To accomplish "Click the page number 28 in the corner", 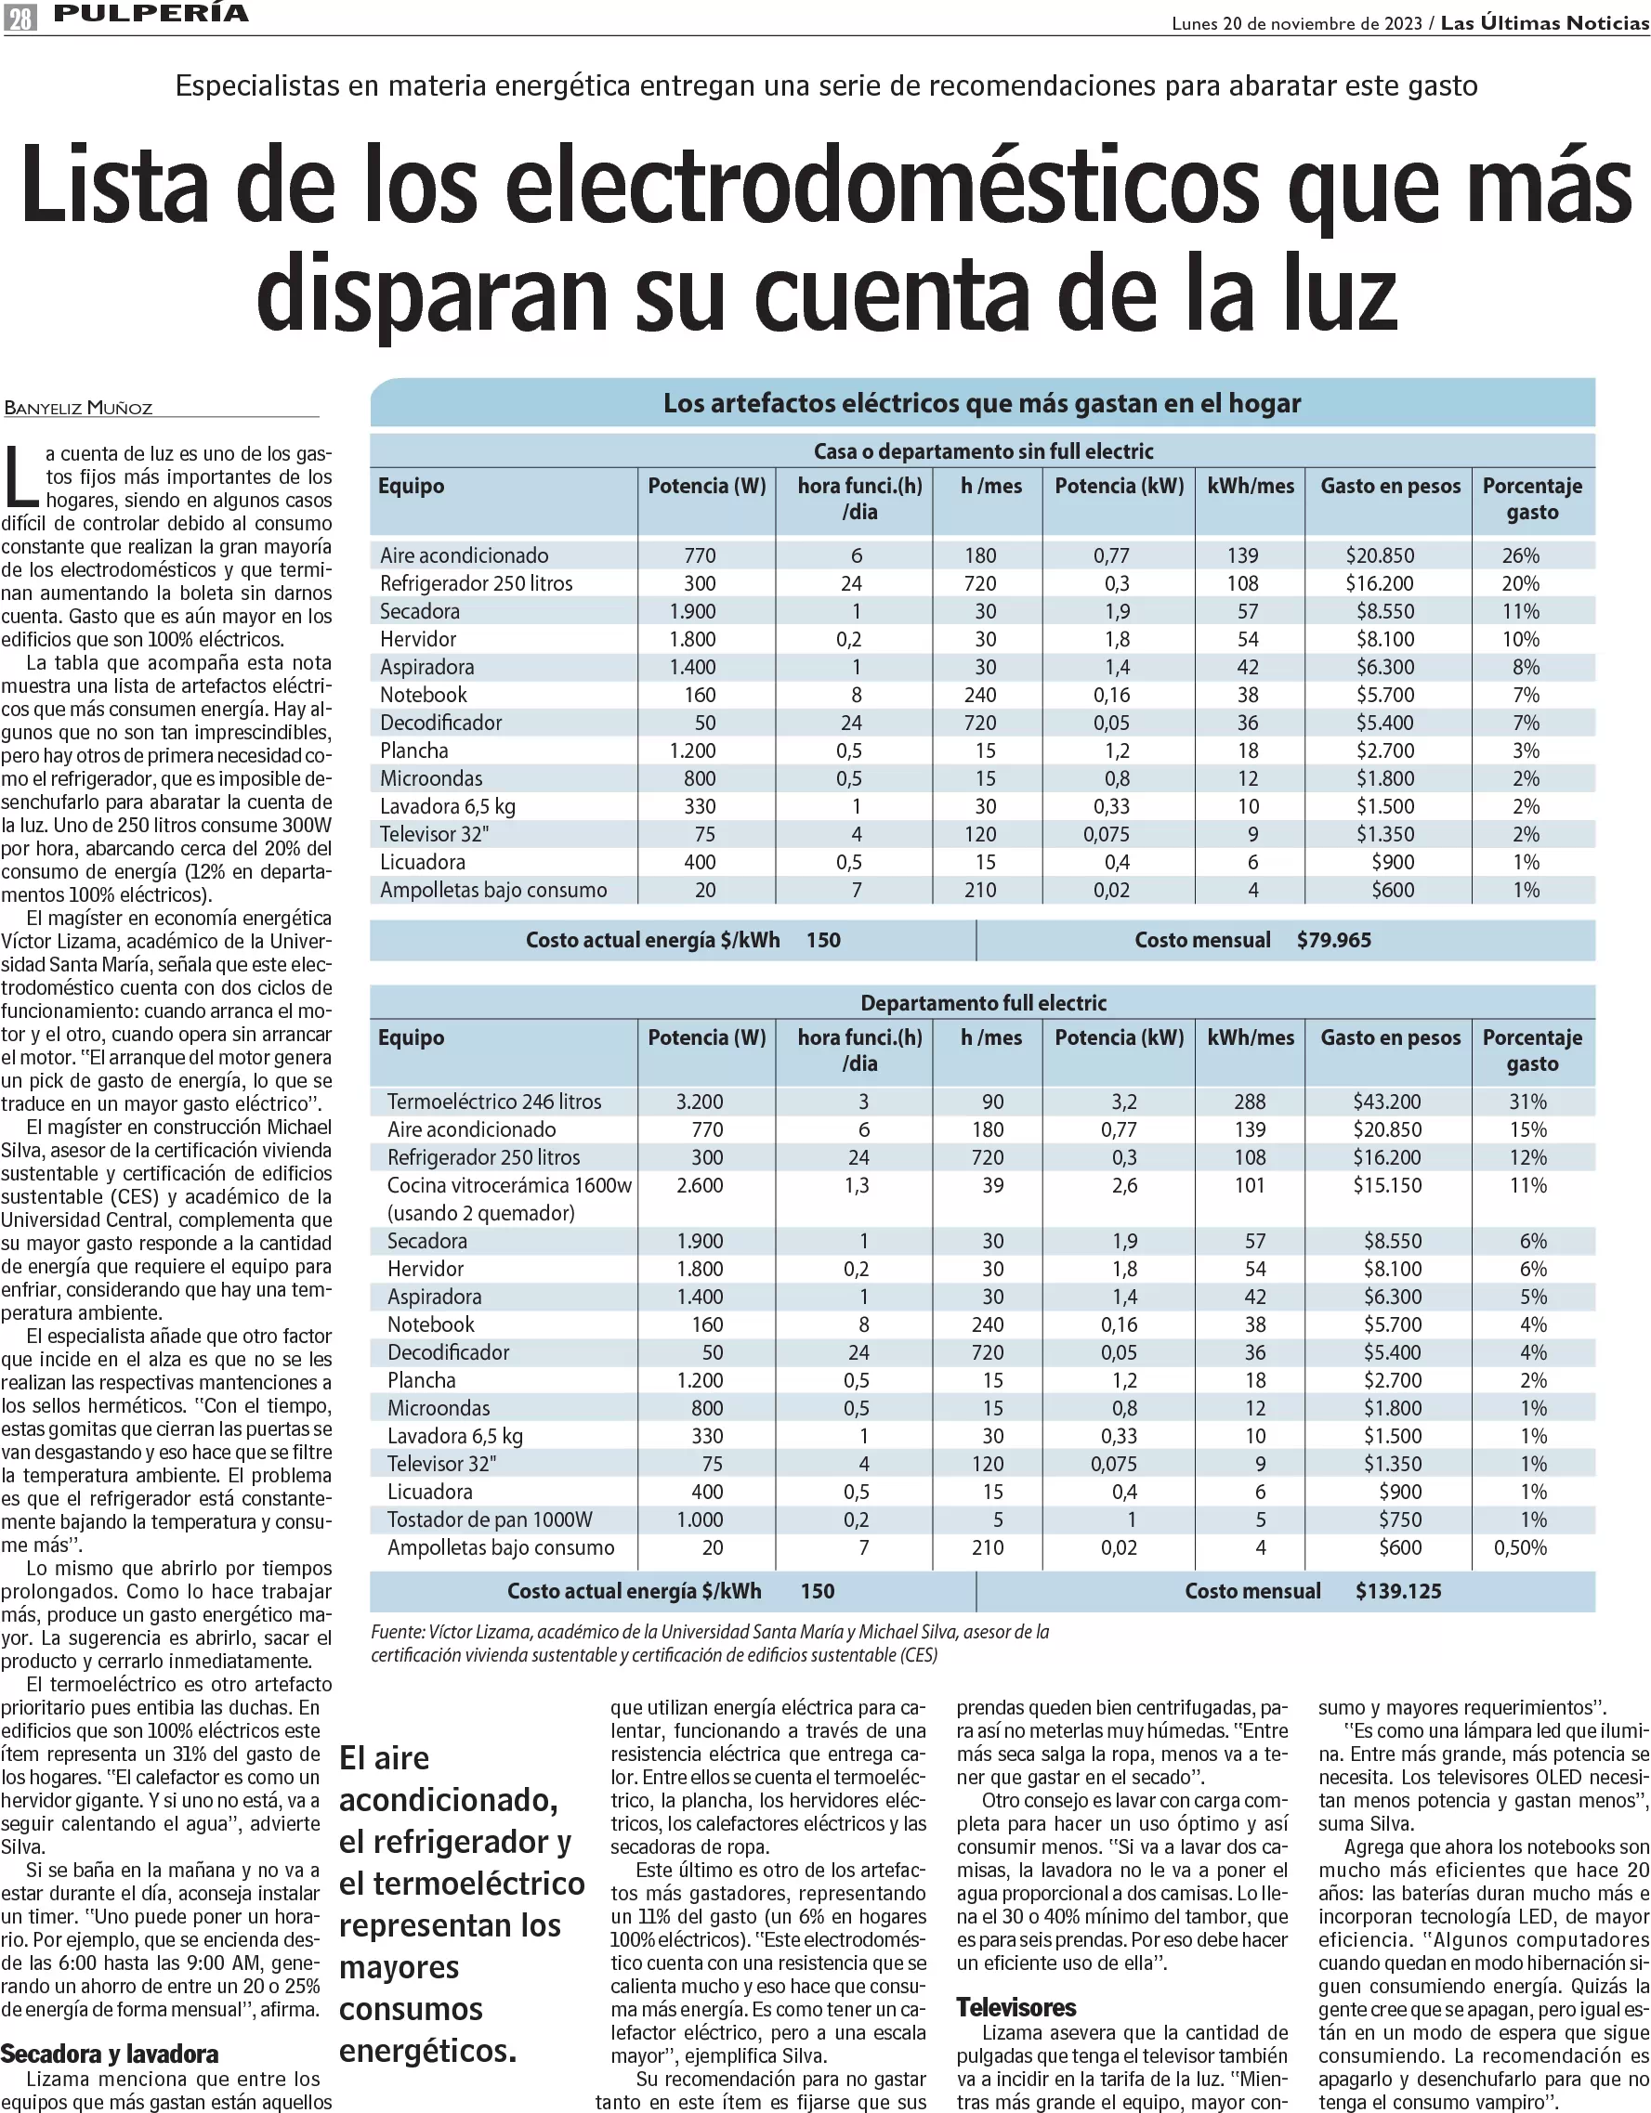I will [20, 17].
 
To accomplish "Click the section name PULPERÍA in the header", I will [151, 14].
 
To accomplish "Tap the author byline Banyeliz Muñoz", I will [78, 408].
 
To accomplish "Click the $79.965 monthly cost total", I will [1333, 939].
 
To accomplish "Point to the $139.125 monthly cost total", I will [1397, 1590].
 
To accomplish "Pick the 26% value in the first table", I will [1520, 555].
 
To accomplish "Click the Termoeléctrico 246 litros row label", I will [493, 1101].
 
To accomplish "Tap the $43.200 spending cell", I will [1386, 1101].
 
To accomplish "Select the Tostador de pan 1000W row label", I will [490, 1519].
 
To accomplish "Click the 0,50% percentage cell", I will [1520, 1547].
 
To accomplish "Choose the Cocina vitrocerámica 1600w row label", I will [509, 1185].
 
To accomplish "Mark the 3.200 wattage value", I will [700, 1101].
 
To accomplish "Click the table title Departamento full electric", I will [983, 1002].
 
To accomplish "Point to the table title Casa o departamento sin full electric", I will [983, 450].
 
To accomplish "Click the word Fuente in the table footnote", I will [397, 1631].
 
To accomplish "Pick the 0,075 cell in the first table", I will [1110, 834].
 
